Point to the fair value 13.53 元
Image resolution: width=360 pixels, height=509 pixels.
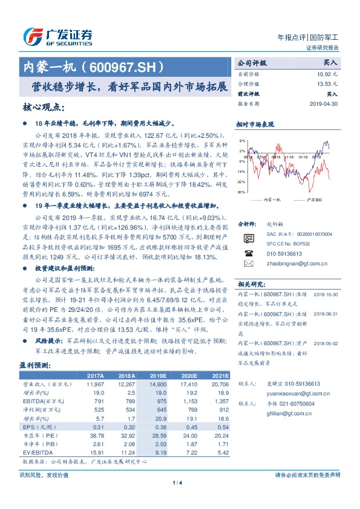(x=327, y=83)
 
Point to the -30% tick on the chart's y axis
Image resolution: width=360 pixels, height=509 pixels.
(x=242, y=192)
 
